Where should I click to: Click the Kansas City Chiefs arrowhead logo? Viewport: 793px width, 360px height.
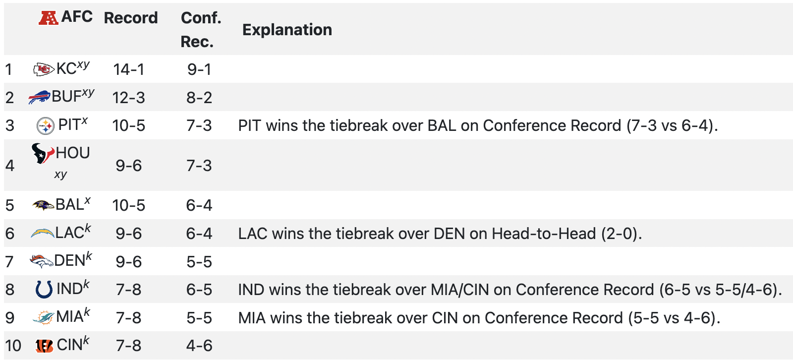pos(44,69)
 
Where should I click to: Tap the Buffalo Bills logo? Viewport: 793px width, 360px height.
pos(40,97)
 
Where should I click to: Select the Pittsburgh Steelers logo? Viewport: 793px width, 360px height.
pos(46,126)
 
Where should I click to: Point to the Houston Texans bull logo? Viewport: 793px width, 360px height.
pos(43,153)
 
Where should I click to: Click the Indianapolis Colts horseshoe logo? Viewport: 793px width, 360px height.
pos(44,289)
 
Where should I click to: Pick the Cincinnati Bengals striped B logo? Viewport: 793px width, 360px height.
pos(45,346)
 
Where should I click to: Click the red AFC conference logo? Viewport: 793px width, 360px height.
pos(49,18)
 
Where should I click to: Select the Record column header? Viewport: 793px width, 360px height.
pos(131,18)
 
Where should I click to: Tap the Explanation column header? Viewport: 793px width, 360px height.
pos(287,30)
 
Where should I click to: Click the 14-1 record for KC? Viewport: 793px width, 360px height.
pos(128,69)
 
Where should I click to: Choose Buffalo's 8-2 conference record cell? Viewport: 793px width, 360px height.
pos(199,98)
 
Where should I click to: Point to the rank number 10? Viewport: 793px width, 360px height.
pos(13,346)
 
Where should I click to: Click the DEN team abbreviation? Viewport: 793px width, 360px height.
pos(70,261)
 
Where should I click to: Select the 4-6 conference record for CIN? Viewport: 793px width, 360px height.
pos(199,346)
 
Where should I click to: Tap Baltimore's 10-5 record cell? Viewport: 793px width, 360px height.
pos(128,205)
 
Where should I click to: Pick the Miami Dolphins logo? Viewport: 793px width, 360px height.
pos(43,317)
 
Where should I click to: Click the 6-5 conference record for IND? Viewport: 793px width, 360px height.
pos(199,290)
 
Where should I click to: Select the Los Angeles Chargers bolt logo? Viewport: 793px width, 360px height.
pos(43,233)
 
